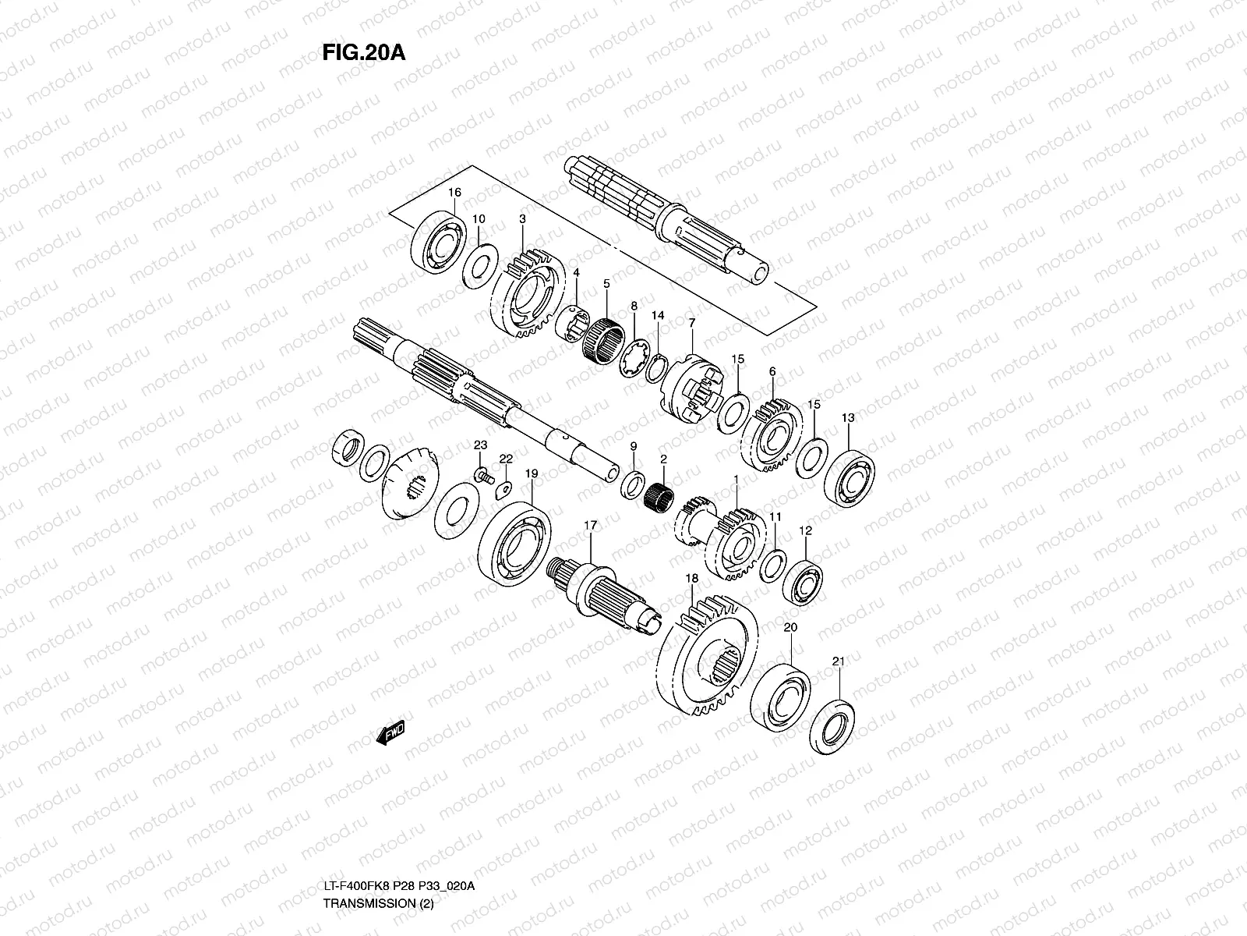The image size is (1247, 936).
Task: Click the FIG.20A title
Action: click(x=363, y=51)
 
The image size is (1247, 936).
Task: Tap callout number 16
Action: click(x=454, y=193)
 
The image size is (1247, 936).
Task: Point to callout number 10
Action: click(x=479, y=219)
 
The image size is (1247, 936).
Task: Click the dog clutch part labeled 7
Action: click(x=690, y=385)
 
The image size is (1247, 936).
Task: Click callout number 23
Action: click(x=481, y=445)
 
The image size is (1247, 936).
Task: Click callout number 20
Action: click(x=790, y=628)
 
